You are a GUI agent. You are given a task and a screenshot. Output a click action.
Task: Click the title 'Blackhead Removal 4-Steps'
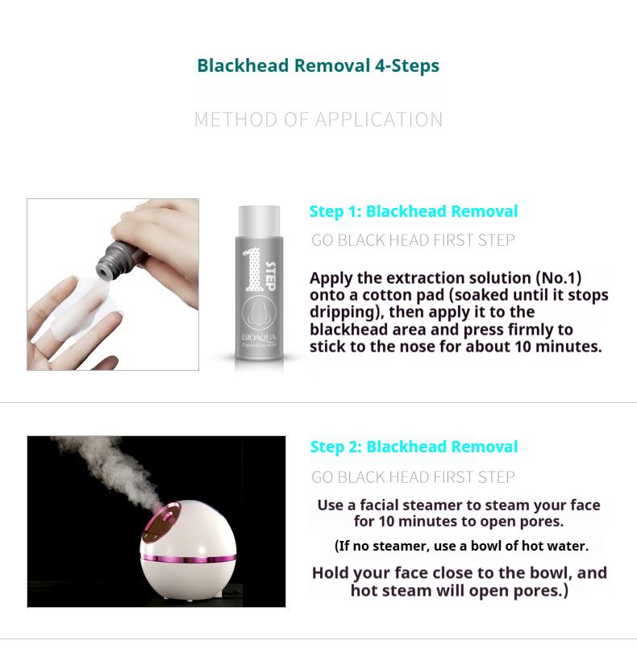(318, 65)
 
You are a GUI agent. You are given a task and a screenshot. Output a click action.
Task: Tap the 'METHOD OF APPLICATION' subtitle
(318, 120)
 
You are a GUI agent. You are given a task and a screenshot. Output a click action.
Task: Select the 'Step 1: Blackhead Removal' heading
(414, 212)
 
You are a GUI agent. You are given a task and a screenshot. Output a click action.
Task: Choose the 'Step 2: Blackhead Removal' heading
(414, 447)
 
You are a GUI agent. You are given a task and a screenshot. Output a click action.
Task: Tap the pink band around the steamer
(189, 557)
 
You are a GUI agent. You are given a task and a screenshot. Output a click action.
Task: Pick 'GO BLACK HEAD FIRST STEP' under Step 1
(413, 240)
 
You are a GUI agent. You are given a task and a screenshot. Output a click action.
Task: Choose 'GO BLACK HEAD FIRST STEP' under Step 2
(413, 477)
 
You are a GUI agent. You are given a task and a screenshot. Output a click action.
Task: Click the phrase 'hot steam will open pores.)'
(460, 591)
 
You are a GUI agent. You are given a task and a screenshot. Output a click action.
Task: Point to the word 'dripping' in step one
(339, 313)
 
